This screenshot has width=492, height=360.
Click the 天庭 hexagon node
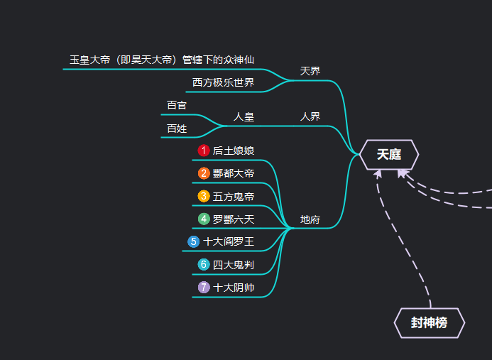point(389,154)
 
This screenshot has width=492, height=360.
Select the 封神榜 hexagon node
point(429,322)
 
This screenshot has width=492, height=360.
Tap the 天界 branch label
point(310,71)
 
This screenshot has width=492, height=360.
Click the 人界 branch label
point(310,116)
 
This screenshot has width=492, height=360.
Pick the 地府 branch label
point(310,219)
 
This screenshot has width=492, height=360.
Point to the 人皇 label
point(244,116)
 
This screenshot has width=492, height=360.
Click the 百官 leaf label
point(177,105)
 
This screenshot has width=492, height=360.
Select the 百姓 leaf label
point(177,129)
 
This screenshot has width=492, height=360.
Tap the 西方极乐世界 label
point(223,82)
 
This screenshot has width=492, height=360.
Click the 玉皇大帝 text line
point(162,60)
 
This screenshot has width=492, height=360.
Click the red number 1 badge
point(204,151)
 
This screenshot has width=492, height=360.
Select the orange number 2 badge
point(204,173)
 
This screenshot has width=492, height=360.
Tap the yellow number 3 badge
point(204,196)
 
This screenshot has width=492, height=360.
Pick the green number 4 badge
point(204,219)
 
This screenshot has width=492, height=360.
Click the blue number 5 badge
point(194,241)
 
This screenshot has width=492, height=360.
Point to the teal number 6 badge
point(204,264)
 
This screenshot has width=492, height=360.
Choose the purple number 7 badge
point(204,287)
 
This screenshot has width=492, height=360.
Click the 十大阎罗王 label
point(229,241)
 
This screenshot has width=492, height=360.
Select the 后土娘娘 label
point(234,151)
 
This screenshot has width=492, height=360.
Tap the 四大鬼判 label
point(234,264)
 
